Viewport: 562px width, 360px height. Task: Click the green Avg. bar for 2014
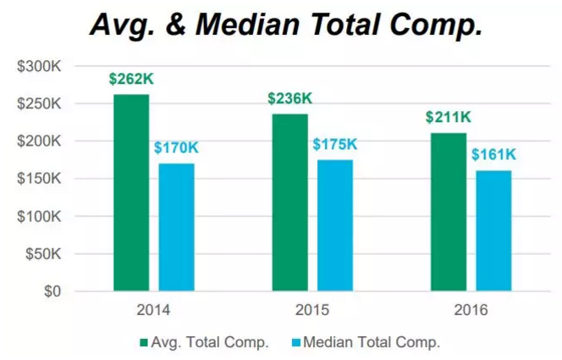(x=131, y=193)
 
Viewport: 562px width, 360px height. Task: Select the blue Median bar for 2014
(x=175, y=227)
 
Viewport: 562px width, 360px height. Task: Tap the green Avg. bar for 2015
(x=290, y=202)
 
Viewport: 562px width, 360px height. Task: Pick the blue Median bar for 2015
(x=334, y=225)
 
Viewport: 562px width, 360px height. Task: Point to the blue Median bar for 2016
(x=493, y=230)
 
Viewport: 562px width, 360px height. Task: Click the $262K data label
(x=130, y=80)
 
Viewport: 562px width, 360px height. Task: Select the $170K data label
(x=175, y=148)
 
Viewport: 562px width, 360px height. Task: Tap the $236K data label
(x=289, y=99)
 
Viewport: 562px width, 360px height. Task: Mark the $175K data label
(x=334, y=145)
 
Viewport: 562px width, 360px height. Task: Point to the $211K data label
(x=449, y=118)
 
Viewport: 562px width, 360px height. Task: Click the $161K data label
(x=493, y=155)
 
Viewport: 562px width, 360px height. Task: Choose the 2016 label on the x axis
(x=471, y=310)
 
